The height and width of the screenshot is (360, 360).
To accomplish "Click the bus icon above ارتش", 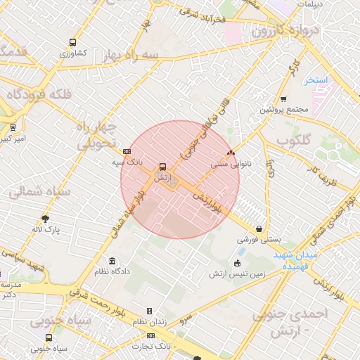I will [163, 167].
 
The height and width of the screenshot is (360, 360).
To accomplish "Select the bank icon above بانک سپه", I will [127, 151].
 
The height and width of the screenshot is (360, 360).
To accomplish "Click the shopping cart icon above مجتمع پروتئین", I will [283, 99].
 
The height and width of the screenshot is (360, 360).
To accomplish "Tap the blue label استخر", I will [317, 80].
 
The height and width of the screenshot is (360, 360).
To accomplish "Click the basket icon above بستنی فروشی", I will [259, 229].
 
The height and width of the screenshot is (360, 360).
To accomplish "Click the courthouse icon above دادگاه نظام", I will [112, 260].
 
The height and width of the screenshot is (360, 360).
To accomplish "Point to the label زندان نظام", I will [149, 321].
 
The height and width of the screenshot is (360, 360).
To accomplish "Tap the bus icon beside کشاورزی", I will [73, 43].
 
